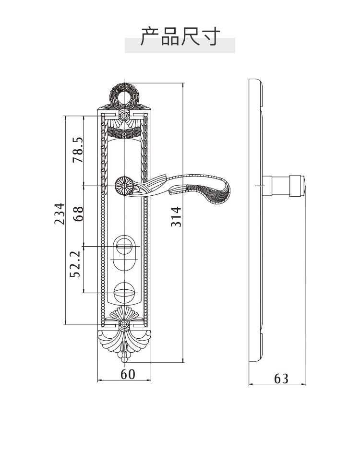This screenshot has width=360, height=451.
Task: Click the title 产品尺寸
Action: (x=180, y=36)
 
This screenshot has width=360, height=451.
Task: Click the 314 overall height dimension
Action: (x=176, y=216)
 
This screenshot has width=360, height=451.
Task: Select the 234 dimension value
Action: (x=60, y=214)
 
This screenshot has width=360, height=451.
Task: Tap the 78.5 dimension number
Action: (x=78, y=150)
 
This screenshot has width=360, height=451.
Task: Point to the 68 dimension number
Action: (x=78, y=214)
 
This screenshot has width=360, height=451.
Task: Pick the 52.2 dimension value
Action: (x=75, y=264)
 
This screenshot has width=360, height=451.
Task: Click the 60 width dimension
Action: (x=128, y=374)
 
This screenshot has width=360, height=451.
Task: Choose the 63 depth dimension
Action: (x=281, y=379)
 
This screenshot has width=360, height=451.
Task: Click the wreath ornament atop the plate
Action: (x=124, y=95)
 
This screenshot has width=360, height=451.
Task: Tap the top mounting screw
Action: (x=124, y=116)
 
